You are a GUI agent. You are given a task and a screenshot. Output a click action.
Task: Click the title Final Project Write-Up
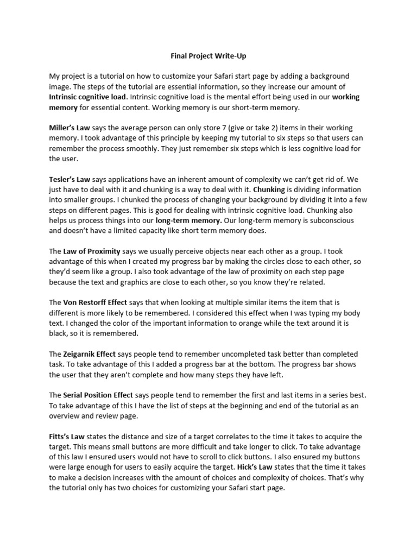point(208,55)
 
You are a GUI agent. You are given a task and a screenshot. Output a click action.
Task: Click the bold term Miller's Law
point(69,128)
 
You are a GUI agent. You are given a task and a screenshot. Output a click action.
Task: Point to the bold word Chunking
point(269,189)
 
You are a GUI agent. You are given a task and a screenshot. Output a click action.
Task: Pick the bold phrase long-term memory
point(188,220)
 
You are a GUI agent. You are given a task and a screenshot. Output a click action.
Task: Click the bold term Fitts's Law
point(68,436)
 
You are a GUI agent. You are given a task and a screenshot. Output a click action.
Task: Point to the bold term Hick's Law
point(255,467)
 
